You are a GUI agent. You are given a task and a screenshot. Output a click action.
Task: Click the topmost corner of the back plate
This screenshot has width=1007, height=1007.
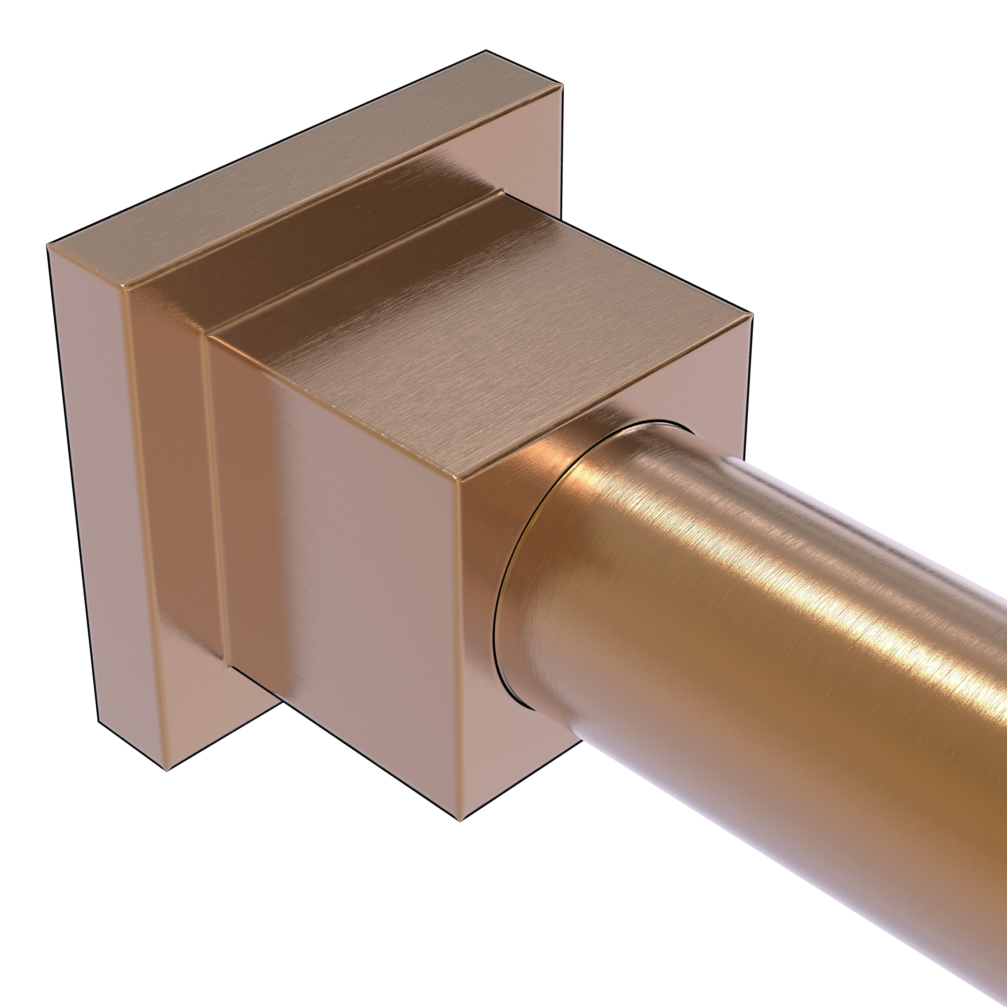[x=486, y=51]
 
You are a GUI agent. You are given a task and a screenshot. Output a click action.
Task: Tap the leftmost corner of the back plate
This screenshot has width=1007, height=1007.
[x=47, y=244]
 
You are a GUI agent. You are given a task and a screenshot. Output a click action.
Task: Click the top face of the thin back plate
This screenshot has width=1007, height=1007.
[x=292, y=172]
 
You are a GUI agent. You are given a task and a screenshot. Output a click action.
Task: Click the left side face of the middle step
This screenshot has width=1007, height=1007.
[x=177, y=469]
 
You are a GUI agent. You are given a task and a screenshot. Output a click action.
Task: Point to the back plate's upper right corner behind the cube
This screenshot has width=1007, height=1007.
[x=563, y=85]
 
